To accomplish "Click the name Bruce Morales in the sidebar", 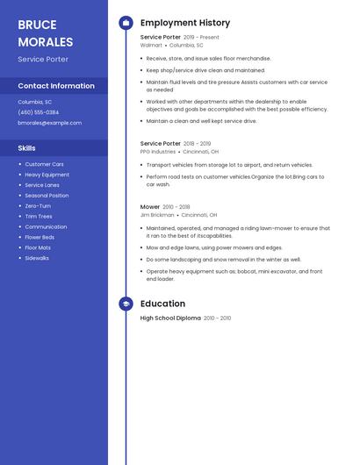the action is tap(46, 32).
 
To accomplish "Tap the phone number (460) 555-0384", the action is tap(39, 112).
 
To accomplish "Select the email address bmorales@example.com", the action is tap(49, 123).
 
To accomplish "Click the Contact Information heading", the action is tap(56, 86).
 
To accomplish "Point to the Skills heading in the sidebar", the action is tap(26, 148).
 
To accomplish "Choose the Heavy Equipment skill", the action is tap(47, 175).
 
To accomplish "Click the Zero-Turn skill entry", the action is tap(38, 205).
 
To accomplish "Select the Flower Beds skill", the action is tap(40, 237).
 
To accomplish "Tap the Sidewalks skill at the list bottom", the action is tap(37, 258).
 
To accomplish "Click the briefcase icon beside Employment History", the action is tap(126, 23).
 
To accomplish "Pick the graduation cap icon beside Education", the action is tap(126, 304).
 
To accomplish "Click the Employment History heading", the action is tap(185, 23).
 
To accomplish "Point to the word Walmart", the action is tap(151, 45).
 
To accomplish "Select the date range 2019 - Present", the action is tap(201, 38).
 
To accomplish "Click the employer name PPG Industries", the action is tap(158, 151).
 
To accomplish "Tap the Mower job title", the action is tap(150, 207).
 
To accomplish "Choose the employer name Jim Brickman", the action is tap(157, 214).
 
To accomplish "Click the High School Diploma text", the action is tap(170, 318).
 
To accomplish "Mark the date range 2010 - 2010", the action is tap(218, 318).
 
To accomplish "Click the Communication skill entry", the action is tap(46, 226).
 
